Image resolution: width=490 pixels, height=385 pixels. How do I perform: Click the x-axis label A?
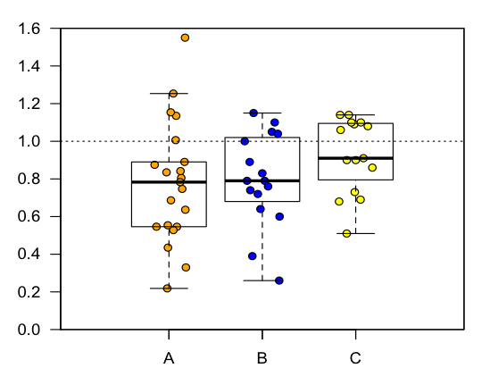pos(169,359)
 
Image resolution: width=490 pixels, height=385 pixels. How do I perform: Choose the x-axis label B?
pos(262,359)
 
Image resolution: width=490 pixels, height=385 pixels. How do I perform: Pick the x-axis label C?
pos(355,359)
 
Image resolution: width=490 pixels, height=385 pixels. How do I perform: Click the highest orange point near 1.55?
pos(185,38)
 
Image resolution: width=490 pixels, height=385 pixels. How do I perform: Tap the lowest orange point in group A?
pos(167,289)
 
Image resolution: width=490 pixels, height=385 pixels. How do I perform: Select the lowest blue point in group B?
pos(279,280)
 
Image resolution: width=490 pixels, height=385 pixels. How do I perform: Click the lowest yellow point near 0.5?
pos(347,233)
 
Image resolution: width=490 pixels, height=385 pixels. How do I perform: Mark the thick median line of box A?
pos(169,182)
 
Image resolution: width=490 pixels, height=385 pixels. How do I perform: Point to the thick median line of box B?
pos(262,180)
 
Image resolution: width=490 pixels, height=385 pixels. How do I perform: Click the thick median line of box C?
pos(355,158)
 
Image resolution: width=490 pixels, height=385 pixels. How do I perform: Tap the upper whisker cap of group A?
pos(169,93)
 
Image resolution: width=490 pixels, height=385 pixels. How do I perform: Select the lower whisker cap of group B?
pos(262,280)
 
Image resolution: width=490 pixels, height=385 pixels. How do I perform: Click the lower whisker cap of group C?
pos(355,233)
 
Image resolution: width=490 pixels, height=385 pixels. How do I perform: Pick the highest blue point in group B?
pos(253,113)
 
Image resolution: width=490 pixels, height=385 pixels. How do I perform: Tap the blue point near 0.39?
pos(253,256)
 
